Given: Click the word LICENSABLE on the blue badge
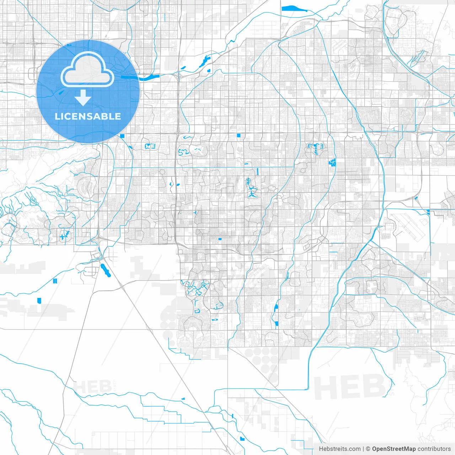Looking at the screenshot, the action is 88,116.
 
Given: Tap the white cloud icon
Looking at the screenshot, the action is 87,70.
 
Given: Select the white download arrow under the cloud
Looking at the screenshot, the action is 83,98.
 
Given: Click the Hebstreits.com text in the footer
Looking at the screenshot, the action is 339,449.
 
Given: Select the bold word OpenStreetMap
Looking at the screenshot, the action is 394,449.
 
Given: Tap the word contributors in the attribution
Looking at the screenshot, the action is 434,449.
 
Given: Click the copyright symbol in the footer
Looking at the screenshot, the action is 368,449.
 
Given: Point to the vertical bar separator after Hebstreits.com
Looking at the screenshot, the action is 363,449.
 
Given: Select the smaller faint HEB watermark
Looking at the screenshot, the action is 92,387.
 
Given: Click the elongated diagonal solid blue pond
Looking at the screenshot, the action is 106,271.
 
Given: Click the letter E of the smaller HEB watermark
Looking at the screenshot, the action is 93,387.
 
